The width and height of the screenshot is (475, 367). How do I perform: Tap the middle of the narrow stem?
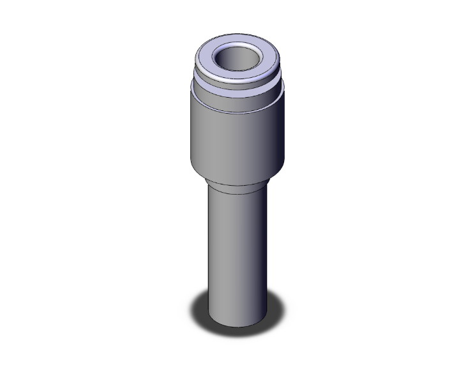[236, 249]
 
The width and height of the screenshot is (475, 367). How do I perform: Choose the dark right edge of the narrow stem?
[262, 249]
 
